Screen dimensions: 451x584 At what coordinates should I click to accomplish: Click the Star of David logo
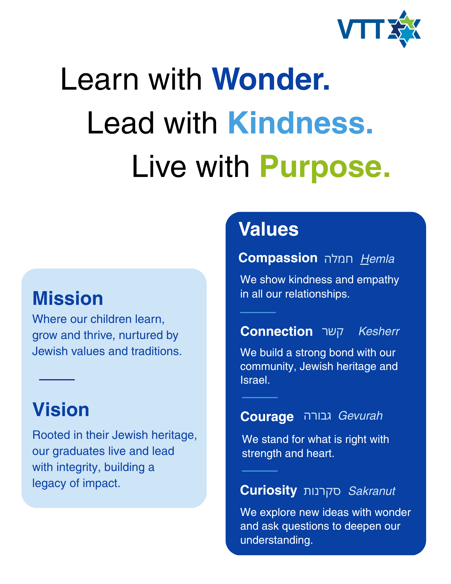[x=404, y=29]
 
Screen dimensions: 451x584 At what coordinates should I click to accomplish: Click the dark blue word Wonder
[x=271, y=79]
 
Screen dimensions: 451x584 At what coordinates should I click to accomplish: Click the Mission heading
[x=68, y=298]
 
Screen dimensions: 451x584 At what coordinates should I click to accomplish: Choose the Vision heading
[x=61, y=409]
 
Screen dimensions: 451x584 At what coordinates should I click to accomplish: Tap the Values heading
[x=269, y=229]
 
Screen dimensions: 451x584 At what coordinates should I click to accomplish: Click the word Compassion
[x=278, y=258]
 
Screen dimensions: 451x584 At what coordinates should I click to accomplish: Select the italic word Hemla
[x=377, y=259]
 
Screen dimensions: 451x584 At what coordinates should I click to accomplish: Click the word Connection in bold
[x=276, y=331]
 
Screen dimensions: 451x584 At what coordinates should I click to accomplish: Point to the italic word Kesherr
[x=379, y=331]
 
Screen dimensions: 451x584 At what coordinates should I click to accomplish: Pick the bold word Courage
[x=267, y=417]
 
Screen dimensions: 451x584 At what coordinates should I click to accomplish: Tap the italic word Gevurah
[x=361, y=416]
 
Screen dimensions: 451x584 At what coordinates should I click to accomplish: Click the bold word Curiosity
[x=269, y=491]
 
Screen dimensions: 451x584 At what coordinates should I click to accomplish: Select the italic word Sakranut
[x=372, y=491]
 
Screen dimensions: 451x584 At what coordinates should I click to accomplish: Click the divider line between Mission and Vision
[x=57, y=380]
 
